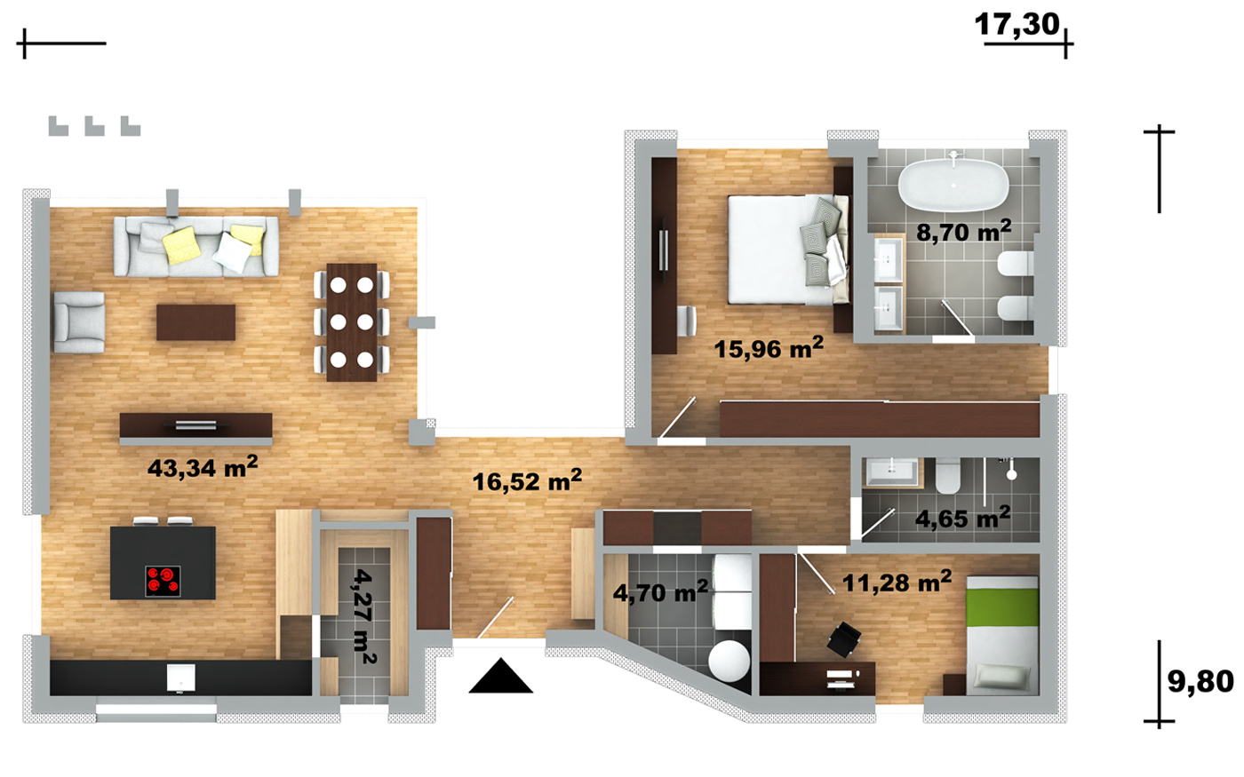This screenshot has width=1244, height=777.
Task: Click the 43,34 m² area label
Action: [x=203, y=467]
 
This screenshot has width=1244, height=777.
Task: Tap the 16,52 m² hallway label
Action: [x=527, y=480]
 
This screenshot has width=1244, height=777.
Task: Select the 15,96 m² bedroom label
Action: [x=769, y=348]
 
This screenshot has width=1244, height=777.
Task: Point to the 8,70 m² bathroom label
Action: [x=963, y=232]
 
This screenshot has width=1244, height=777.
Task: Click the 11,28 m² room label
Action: [x=897, y=583]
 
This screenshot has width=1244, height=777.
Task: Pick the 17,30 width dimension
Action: [x=1017, y=25]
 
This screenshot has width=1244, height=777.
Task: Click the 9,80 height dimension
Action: [x=1200, y=681]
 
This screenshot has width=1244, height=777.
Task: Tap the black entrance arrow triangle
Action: [x=501, y=676]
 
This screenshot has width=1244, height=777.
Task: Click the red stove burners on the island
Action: [x=163, y=581]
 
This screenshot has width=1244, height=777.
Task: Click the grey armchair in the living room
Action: [x=79, y=322]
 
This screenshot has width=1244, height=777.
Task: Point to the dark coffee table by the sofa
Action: [x=195, y=321]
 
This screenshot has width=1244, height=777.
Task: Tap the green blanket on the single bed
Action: [x=1002, y=607]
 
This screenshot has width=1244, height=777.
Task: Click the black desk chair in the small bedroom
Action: [x=844, y=639]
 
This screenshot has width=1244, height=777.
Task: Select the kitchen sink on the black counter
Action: [x=181, y=678]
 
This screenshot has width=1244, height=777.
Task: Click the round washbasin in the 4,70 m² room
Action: [x=730, y=661]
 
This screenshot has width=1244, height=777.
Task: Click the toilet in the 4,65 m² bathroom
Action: [x=948, y=475]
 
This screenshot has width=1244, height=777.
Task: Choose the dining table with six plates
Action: [x=352, y=322]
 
